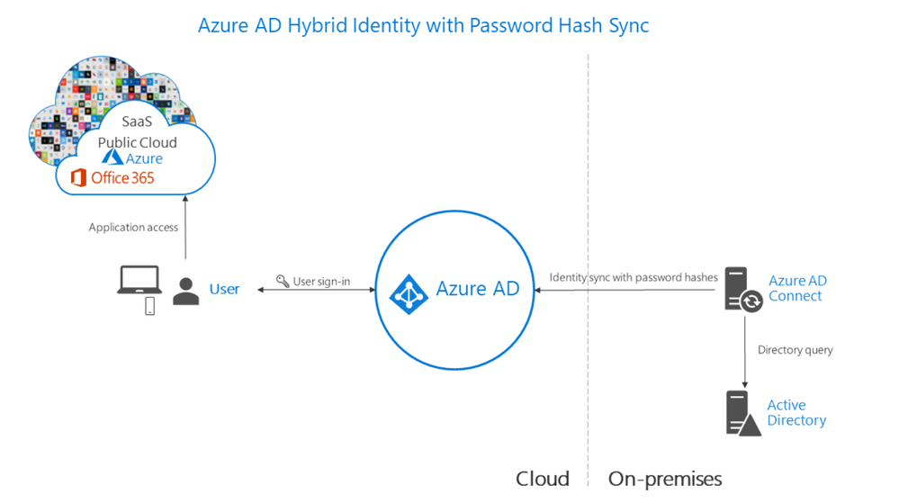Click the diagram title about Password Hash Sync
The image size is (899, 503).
click(423, 25)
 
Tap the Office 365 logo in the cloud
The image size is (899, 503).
click(112, 177)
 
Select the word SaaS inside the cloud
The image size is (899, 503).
click(137, 123)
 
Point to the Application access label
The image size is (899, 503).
click(133, 228)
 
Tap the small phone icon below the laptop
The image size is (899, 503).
click(149, 306)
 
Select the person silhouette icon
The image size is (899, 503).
click(186, 291)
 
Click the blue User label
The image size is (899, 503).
click(224, 289)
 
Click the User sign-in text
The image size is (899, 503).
click(321, 282)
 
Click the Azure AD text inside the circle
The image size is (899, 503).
click(478, 289)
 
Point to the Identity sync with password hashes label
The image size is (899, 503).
click(634, 277)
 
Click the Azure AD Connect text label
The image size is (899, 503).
click(797, 288)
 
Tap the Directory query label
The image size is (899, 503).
click(795, 350)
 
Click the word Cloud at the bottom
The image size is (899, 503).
click(542, 478)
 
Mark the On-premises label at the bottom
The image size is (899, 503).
click(665, 478)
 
